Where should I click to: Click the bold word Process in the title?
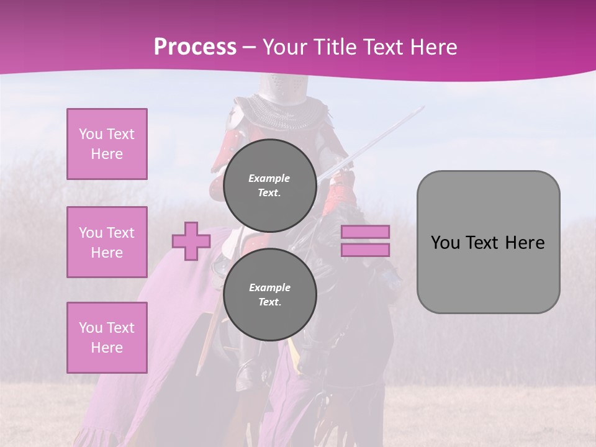(x=195, y=47)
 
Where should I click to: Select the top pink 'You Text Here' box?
(x=107, y=144)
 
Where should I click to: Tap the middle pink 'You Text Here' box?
(x=107, y=242)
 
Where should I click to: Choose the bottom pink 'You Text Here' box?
(x=107, y=338)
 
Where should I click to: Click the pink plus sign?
(x=191, y=242)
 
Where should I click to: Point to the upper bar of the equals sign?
(x=365, y=232)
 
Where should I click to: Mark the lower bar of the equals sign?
(x=365, y=250)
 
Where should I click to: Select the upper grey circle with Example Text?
(x=269, y=185)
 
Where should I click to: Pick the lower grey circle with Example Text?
(x=269, y=294)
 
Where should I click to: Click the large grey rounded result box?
(x=488, y=242)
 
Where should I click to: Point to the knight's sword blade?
(x=379, y=140)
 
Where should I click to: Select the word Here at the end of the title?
(x=435, y=47)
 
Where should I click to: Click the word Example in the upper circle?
(x=269, y=178)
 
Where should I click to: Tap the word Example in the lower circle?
(x=269, y=287)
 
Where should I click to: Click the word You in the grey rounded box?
(x=445, y=243)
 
